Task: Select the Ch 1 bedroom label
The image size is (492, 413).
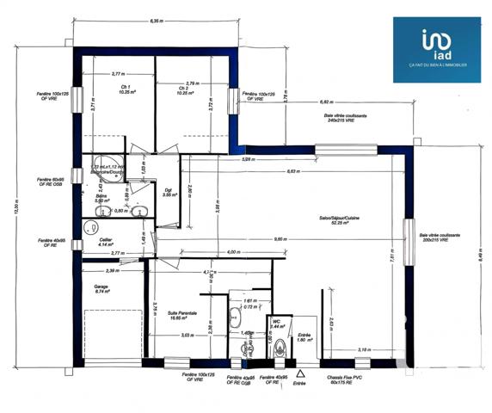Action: tap(125, 89)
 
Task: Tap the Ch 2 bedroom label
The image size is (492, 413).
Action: tap(183, 89)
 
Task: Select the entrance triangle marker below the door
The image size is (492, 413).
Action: tap(300, 374)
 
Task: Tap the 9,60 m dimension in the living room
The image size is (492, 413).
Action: tap(279, 238)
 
